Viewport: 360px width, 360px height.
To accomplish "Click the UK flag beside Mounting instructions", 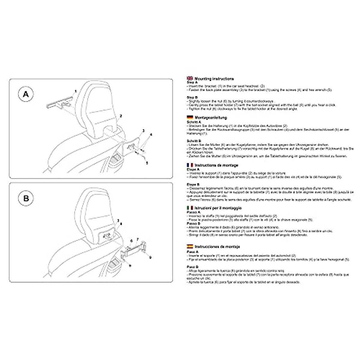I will (x=190, y=79).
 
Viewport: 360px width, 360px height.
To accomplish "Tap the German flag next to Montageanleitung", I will (x=190, y=118).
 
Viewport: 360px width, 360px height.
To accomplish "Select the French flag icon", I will (x=190, y=165).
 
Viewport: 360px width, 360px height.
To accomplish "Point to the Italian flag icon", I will (x=190, y=208).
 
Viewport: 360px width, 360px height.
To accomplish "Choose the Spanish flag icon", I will (x=190, y=247).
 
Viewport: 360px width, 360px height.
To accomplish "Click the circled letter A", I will (x=26, y=94).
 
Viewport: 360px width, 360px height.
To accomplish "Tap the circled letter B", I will (x=26, y=199).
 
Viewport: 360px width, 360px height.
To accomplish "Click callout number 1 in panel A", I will (x=76, y=91).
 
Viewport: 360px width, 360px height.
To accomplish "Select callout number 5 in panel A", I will (x=147, y=163).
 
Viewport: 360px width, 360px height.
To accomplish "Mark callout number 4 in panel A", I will (x=151, y=135).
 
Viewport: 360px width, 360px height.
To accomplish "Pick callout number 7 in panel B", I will (x=137, y=239).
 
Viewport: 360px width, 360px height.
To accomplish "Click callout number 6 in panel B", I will (x=131, y=241).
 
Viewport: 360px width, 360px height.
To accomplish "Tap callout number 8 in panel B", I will (x=121, y=224).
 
